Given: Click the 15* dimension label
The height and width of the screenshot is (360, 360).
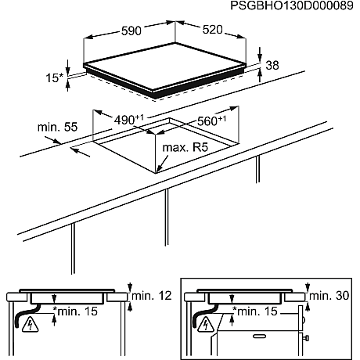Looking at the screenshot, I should (54, 77).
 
